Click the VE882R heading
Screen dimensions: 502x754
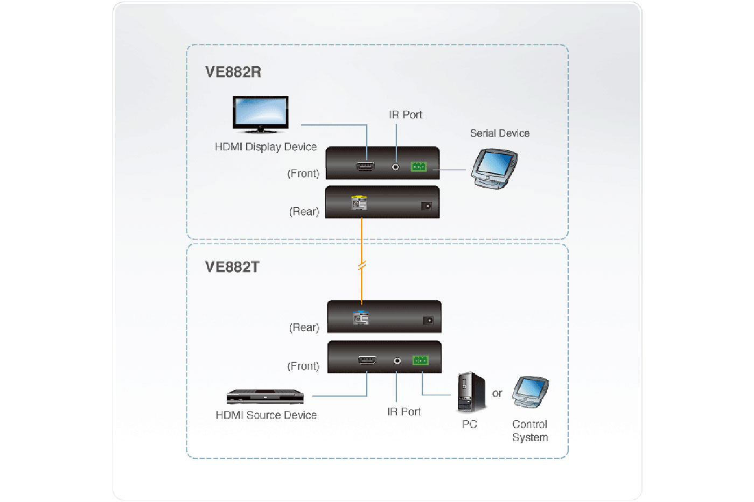[233, 72]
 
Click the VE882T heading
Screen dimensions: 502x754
[232, 267]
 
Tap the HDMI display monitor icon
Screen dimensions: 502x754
[260, 114]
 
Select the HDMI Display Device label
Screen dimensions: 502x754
[266, 147]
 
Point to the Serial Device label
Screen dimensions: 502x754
[499, 133]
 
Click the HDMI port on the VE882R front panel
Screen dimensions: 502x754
[366, 166]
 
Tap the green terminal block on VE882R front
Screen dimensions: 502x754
[419, 167]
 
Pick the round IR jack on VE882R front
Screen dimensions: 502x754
[396, 167]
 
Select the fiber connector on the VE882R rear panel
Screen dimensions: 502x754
[359, 203]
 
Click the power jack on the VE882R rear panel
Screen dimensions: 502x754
[426, 206]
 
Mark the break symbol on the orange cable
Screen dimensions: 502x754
[362, 265]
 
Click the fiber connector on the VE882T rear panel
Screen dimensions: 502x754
[360, 318]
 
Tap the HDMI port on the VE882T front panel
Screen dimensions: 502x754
[367, 360]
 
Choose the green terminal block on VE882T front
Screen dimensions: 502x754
[420, 360]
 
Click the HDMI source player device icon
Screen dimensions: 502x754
[265, 397]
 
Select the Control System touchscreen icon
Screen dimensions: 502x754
[530, 392]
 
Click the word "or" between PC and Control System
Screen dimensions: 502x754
[497, 393]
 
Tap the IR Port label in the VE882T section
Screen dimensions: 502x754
[404, 412]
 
